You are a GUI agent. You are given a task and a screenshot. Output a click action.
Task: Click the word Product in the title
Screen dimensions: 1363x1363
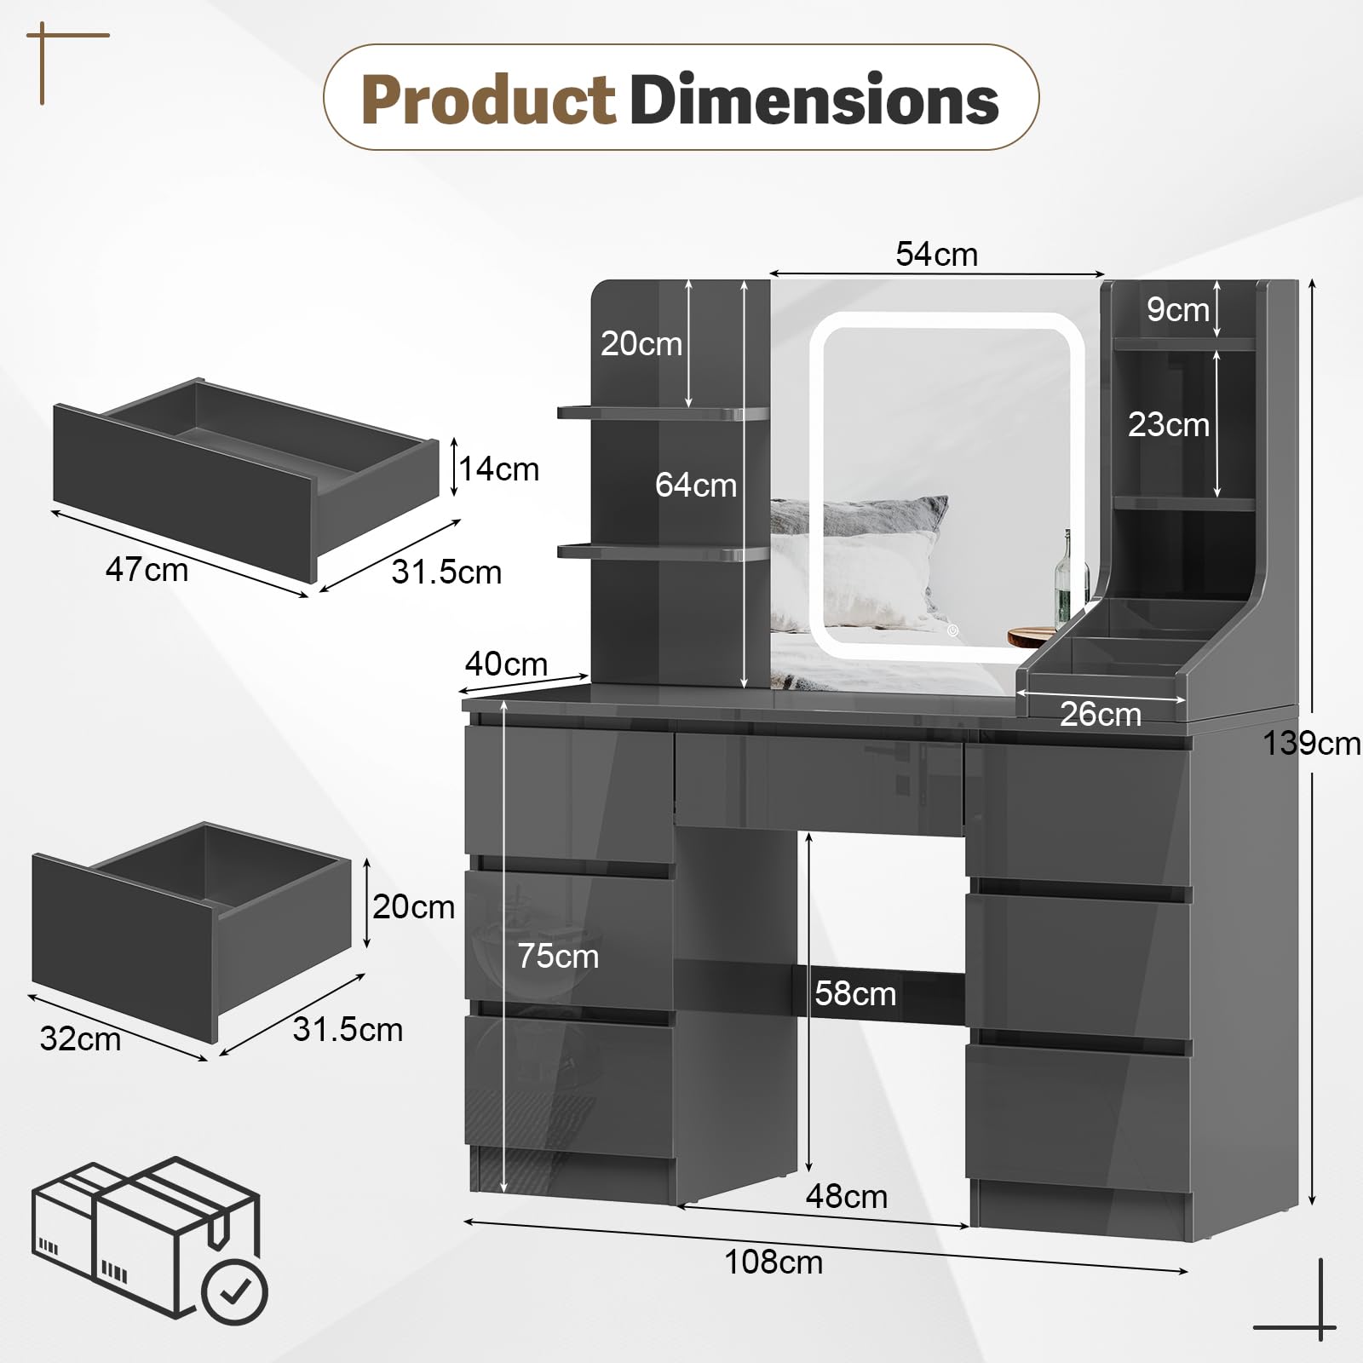(x=487, y=100)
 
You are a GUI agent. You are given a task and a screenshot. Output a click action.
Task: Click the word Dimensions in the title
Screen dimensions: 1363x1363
(x=814, y=100)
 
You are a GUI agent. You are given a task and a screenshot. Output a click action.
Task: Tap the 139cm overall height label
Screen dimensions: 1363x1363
(x=1312, y=744)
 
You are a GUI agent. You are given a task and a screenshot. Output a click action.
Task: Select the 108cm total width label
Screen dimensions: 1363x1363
(x=774, y=1262)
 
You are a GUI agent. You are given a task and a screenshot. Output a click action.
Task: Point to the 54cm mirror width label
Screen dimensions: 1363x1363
(x=936, y=254)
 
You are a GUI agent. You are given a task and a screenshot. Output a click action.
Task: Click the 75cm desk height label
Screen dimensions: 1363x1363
(x=558, y=957)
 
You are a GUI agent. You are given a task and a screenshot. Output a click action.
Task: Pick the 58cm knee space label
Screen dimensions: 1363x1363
(x=855, y=993)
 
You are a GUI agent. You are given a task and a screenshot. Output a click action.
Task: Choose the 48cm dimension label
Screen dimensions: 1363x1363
(x=847, y=1197)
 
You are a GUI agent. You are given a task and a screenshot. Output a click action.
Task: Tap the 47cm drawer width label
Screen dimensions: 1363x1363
(x=147, y=569)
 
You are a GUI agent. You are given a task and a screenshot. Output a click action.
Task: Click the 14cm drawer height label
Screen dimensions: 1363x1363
(x=499, y=469)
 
